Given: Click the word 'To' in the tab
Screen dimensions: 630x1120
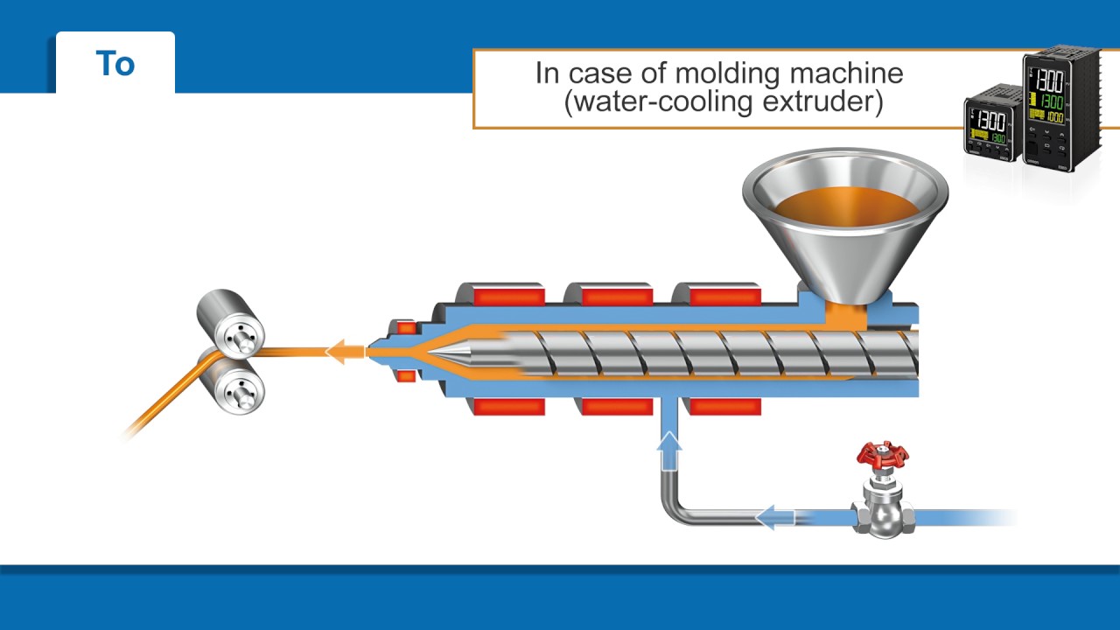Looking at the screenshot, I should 115,64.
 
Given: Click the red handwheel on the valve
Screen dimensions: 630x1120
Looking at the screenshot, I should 882,454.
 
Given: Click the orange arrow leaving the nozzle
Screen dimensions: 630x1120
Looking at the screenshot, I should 345,352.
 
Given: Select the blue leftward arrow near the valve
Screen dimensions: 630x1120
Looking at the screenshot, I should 773,517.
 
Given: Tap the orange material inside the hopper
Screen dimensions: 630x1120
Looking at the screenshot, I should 845,206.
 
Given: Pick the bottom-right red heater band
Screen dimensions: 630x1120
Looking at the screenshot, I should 724,407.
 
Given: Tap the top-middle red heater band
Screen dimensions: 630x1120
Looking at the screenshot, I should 617,296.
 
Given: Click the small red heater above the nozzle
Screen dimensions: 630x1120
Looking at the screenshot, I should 406,328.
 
